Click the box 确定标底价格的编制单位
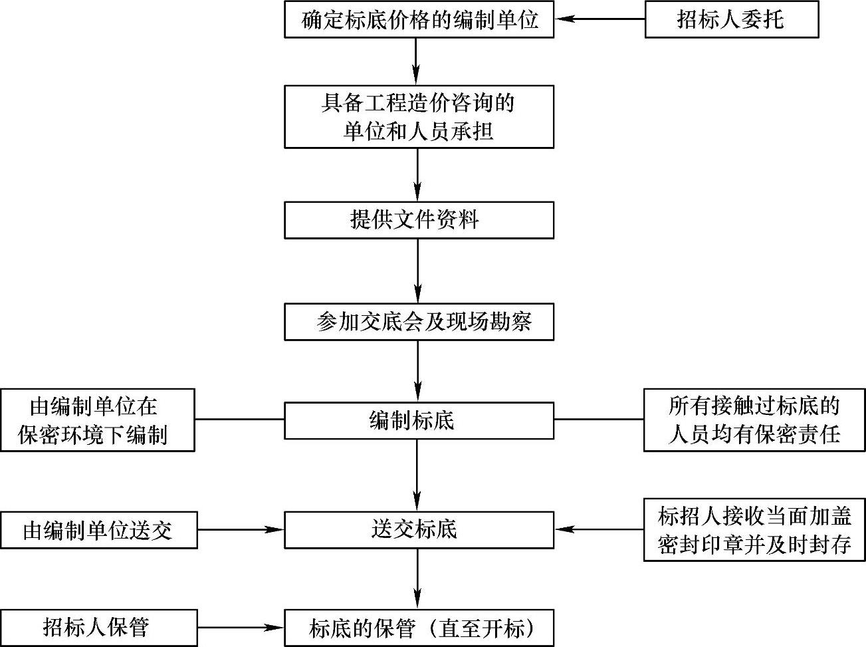coord(419,19)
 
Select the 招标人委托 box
coord(731,19)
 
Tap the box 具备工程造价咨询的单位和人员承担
coord(419,116)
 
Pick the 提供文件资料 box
coord(419,220)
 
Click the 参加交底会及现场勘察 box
coord(419,322)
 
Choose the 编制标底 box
coord(419,420)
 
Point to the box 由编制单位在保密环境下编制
coord(98,420)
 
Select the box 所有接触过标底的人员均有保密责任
coord(754,420)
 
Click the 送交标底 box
coord(419,530)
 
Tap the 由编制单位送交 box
coord(98,530)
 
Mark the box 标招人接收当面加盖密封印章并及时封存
coord(754,530)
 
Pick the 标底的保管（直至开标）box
coord(419,628)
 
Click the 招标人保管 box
coord(98,628)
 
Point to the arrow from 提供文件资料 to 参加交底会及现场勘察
coord(417,271)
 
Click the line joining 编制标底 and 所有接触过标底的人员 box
coord(598,420)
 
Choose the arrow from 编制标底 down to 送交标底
coord(417,475)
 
